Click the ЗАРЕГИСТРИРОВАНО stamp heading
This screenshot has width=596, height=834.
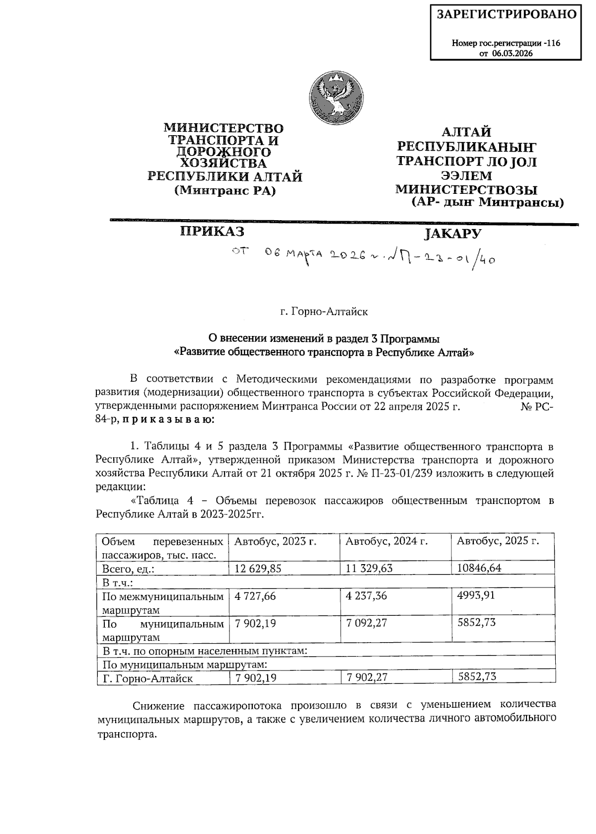(507, 14)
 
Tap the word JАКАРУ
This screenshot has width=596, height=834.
(453, 234)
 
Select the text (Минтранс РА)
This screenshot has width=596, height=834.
(225, 190)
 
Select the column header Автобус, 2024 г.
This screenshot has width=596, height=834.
(386, 541)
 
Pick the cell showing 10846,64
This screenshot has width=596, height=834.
(479, 568)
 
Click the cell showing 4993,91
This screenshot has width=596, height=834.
(475, 594)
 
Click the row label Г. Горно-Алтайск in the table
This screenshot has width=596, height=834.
(148, 678)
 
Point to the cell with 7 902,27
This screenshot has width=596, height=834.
(367, 677)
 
